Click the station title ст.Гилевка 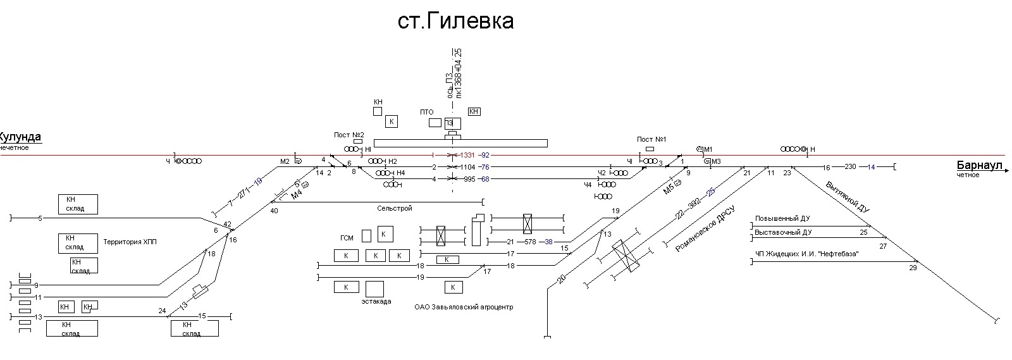[x=455, y=22]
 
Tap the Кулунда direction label [x=20, y=137]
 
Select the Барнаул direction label [x=980, y=166]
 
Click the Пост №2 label [x=349, y=135]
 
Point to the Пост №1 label [x=651, y=139]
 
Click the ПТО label [x=427, y=112]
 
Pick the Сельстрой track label [x=394, y=208]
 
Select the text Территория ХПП [x=130, y=242]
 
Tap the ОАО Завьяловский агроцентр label [x=464, y=307]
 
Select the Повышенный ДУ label [x=782, y=219]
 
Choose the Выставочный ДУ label [x=783, y=232]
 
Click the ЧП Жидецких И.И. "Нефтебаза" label [x=802, y=254]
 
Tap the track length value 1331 [x=467, y=155]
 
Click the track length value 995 [x=469, y=179]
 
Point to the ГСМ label [x=347, y=238]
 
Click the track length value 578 [x=530, y=242]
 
